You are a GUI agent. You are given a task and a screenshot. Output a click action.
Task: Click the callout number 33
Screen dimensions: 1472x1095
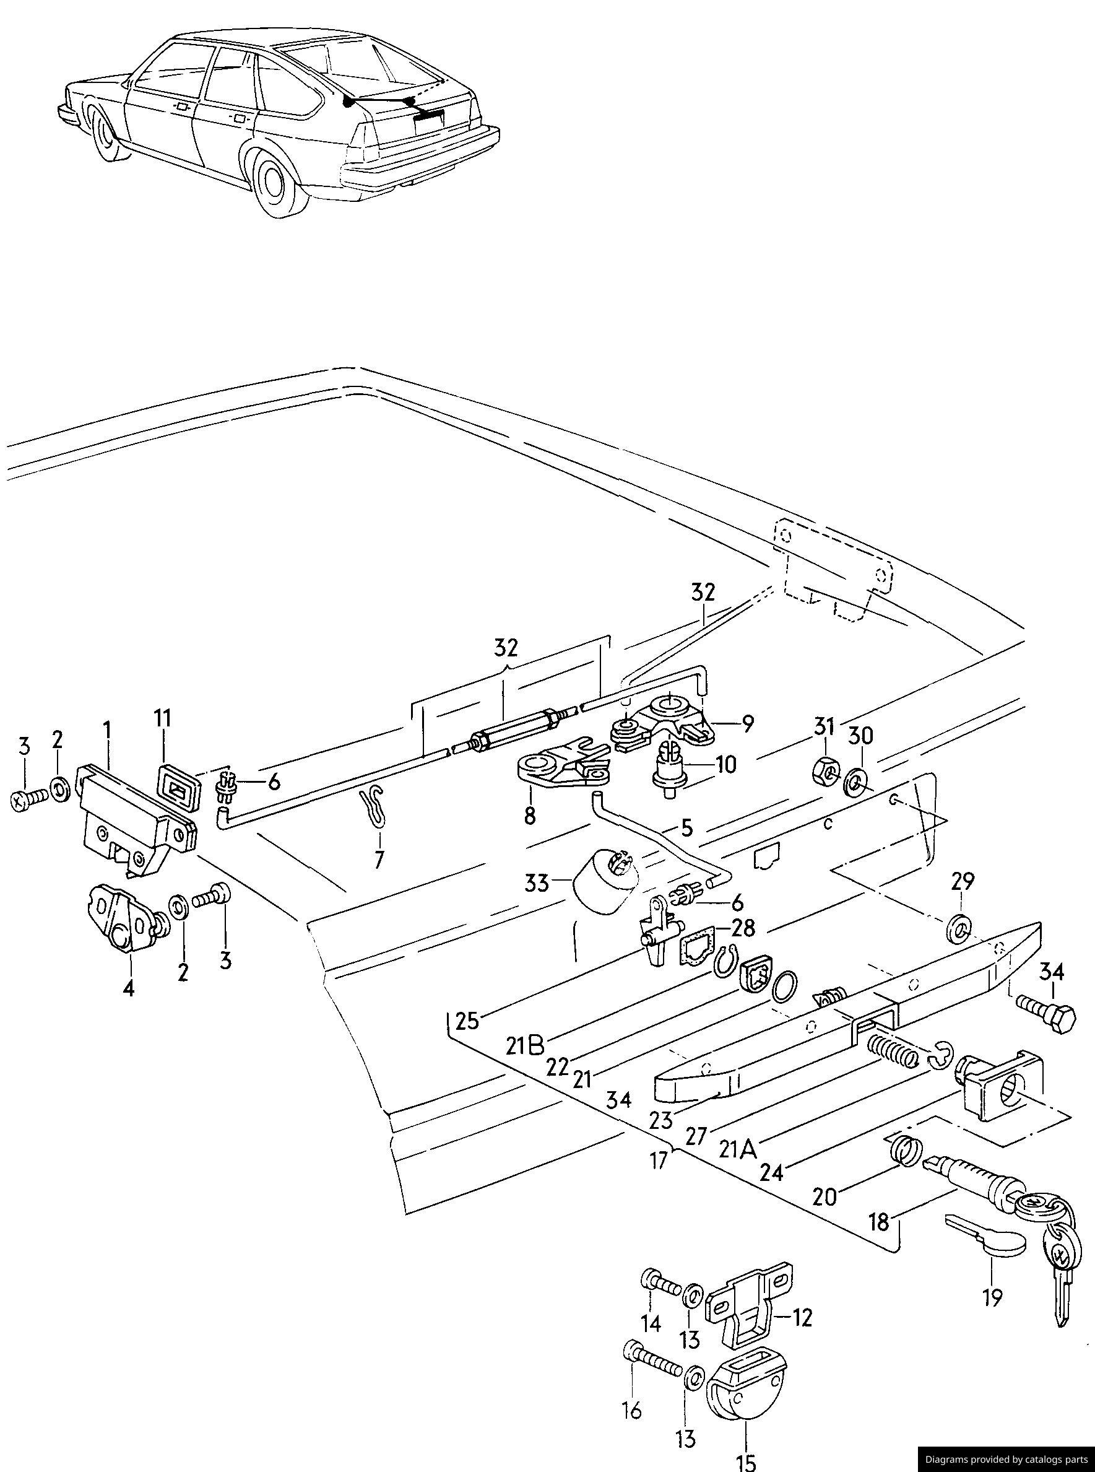537,883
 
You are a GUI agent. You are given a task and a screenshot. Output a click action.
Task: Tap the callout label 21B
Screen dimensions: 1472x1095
526,1046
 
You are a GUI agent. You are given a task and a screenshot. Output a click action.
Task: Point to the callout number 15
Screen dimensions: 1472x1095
747,1459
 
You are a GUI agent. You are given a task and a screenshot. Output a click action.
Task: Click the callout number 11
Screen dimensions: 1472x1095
163,719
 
